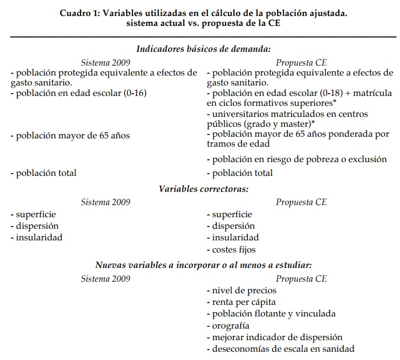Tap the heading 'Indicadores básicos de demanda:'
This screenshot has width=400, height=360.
click(203, 49)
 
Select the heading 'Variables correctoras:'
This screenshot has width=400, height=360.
click(204, 189)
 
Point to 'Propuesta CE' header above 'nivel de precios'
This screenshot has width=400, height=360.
click(301, 278)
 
